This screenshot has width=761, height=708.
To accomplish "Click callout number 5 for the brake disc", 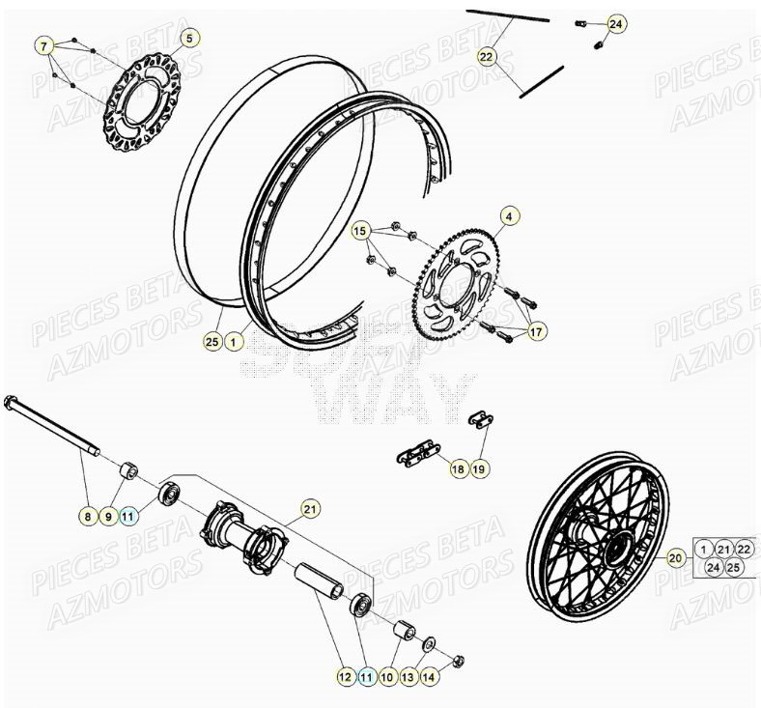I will [x=189, y=38].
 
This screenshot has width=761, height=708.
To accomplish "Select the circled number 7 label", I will [x=43, y=45].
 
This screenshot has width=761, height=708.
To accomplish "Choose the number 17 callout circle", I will [x=536, y=332].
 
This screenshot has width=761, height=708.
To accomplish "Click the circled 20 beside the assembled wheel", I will [x=675, y=557].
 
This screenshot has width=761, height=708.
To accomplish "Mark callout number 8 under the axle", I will [x=87, y=517].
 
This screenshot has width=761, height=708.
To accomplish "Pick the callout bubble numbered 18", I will [x=458, y=468].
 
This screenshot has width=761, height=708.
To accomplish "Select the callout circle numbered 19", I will [x=480, y=468].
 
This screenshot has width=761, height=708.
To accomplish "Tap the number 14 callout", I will [x=430, y=678].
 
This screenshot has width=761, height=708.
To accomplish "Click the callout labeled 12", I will [x=345, y=678].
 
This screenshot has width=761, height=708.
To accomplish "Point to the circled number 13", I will [x=408, y=678].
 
